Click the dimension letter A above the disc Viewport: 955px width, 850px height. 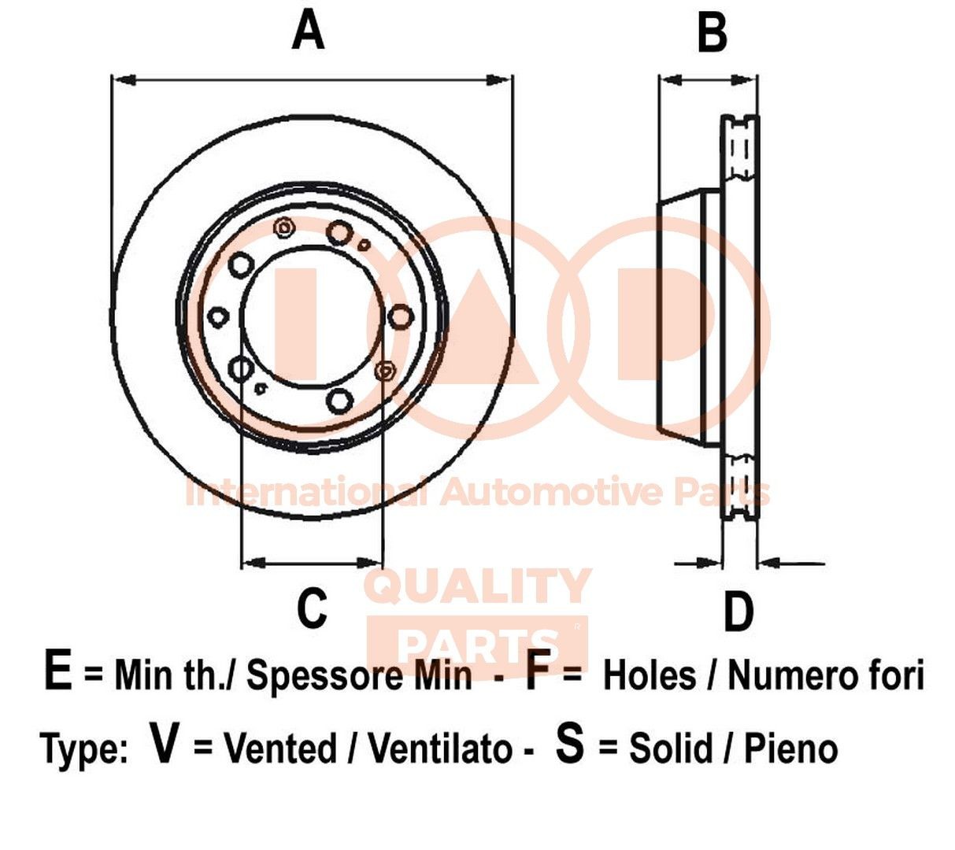point(308,32)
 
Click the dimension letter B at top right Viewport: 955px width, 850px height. point(712,34)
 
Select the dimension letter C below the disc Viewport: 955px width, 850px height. point(312,608)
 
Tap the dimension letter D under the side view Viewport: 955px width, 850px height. point(738,612)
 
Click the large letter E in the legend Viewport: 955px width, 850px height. point(58,673)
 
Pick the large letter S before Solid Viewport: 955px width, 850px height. point(570,745)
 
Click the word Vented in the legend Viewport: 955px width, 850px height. point(280,748)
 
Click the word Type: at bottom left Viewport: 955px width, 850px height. point(83,749)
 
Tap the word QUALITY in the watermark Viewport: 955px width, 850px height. point(479,586)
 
